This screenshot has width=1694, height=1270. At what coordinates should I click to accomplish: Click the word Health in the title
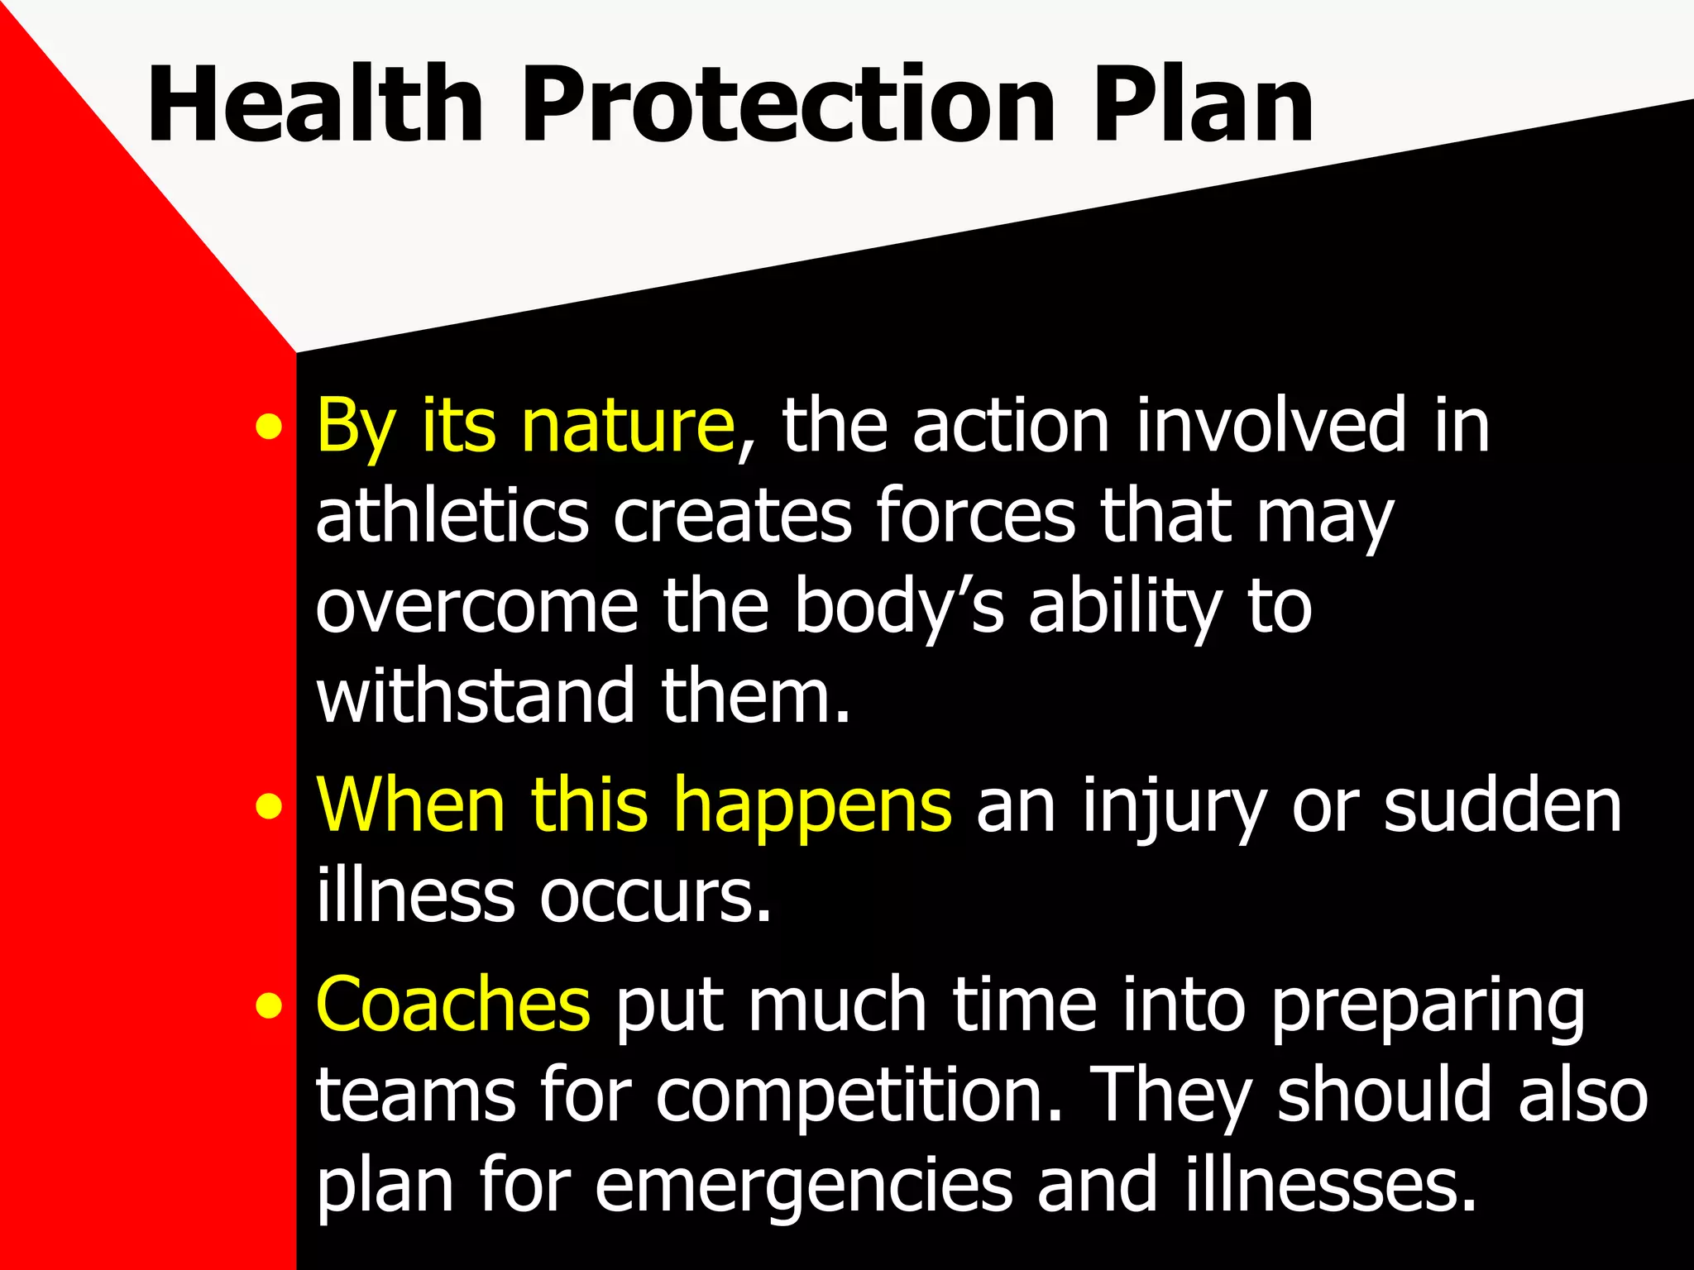coord(314,105)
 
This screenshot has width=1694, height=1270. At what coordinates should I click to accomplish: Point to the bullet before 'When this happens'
coord(268,807)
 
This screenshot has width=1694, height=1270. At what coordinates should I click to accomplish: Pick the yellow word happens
coord(814,806)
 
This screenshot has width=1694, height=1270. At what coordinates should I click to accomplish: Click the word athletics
coord(452,516)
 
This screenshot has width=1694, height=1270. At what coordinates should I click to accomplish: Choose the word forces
coord(976,516)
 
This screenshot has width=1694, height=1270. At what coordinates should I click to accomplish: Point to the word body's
coord(898,608)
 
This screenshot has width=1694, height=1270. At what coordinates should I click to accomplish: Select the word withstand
coord(475,696)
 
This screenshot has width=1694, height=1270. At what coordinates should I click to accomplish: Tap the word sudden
coord(1502,806)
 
